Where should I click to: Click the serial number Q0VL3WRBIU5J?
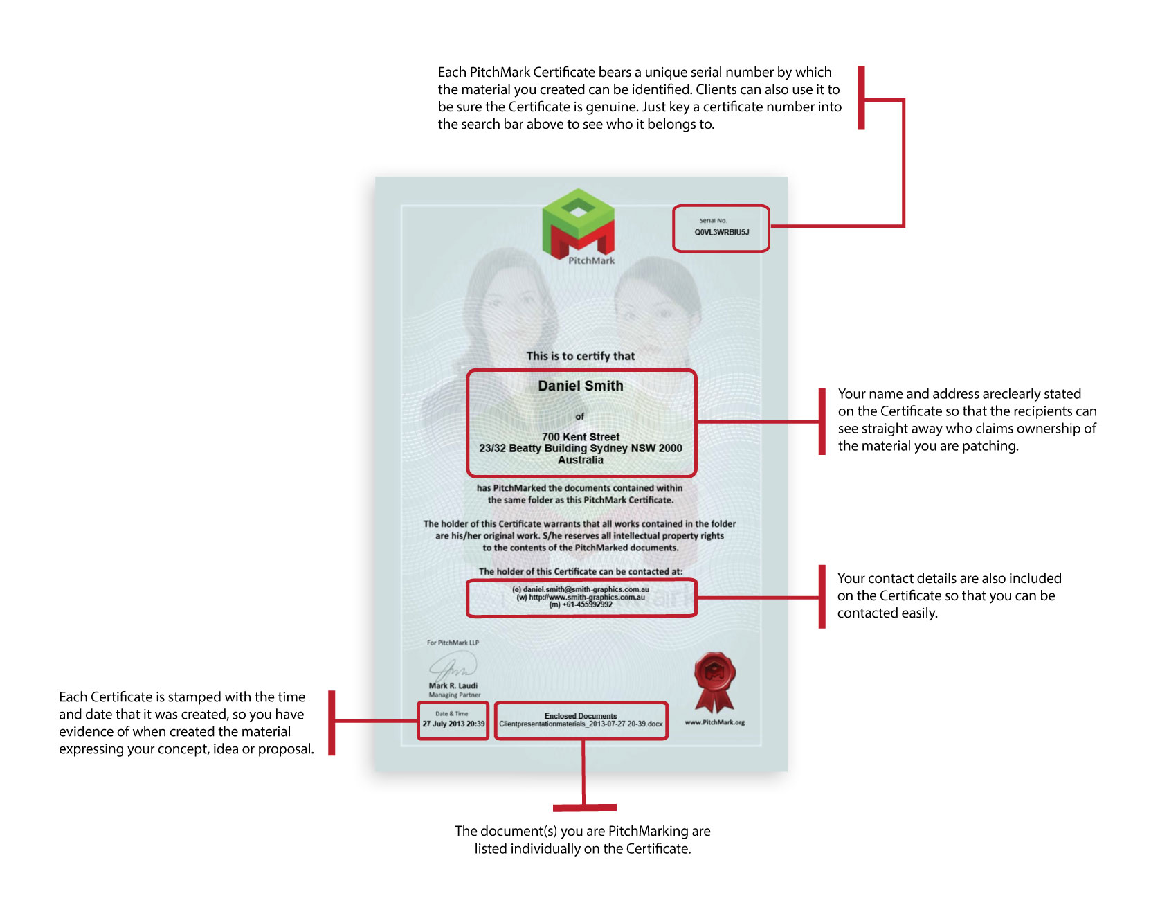721,232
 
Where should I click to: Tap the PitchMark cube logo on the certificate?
579,222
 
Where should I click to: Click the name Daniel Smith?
581,386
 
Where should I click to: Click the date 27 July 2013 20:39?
453,724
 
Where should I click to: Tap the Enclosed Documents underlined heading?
580,716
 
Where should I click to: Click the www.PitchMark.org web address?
714,722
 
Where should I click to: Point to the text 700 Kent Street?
581,437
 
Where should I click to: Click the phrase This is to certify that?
580,356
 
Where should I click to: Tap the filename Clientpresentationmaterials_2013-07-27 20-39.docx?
581,724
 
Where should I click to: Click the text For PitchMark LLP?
453,643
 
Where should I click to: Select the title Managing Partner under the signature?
454,695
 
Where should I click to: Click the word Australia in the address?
581,460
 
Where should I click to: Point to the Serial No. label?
713,221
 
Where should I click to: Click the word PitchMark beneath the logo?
591,260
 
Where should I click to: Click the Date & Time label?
451,713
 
